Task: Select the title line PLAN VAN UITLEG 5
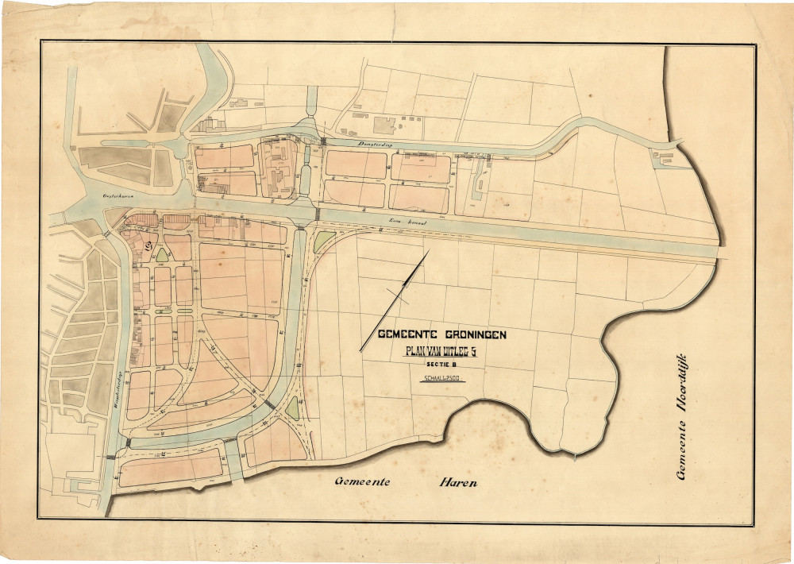(442, 350)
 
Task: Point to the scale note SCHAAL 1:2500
(442, 379)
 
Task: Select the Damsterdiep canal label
(350, 145)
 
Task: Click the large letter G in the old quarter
(149, 245)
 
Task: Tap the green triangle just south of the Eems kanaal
(323, 241)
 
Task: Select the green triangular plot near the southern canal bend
(292, 408)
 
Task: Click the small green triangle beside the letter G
(162, 254)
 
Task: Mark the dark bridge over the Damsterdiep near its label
(323, 141)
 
